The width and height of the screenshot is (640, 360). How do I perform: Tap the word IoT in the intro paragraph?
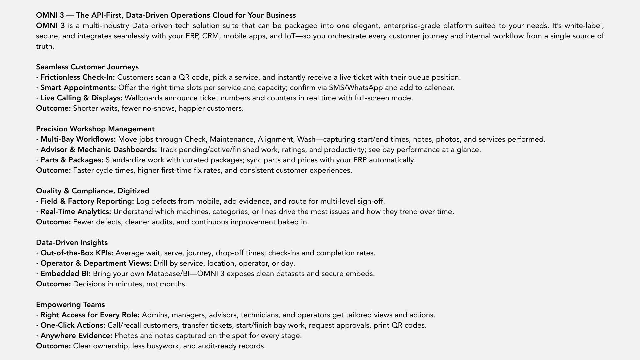click(x=290, y=36)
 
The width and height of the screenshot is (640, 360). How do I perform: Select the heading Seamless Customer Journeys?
click(x=87, y=67)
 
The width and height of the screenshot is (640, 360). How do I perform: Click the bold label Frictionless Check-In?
click(x=77, y=77)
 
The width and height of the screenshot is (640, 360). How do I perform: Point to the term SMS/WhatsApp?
click(x=356, y=88)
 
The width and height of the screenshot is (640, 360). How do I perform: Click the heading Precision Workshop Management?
click(x=95, y=129)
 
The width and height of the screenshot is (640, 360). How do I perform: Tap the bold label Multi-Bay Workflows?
click(x=78, y=139)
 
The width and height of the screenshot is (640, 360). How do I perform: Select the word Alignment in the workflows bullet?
click(x=275, y=139)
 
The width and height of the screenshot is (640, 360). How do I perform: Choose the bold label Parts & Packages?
click(x=72, y=160)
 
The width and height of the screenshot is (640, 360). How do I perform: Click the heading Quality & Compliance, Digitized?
click(x=93, y=191)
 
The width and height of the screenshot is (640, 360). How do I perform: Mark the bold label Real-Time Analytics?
click(x=76, y=212)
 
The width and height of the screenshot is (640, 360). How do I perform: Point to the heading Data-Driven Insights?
click(x=72, y=243)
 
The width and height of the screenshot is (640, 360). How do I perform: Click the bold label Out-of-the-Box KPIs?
click(x=77, y=253)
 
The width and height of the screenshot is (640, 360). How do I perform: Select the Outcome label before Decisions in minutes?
click(x=53, y=284)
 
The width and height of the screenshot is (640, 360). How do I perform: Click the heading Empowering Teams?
click(x=70, y=305)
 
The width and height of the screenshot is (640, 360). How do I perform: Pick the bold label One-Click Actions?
click(x=73, y=325)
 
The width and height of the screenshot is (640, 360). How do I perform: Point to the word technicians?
click(x=260, y=315)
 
